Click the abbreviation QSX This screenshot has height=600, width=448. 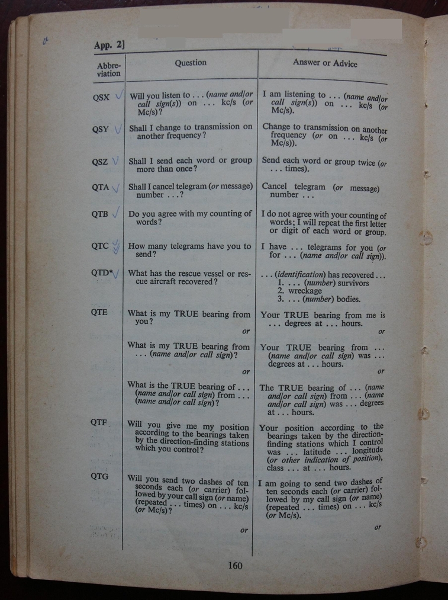pos(101,98)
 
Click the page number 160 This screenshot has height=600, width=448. pos(235,566)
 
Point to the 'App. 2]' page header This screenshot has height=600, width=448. pos(109,45)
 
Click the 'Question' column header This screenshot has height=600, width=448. pos(191,62)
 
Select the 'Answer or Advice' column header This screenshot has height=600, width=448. pos(325,63)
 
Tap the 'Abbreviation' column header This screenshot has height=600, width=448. pos(108,69)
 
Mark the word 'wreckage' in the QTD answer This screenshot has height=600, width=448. pos(305,291)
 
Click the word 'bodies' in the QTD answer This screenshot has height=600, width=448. pos(347,299)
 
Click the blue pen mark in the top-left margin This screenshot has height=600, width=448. pos(46,41)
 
